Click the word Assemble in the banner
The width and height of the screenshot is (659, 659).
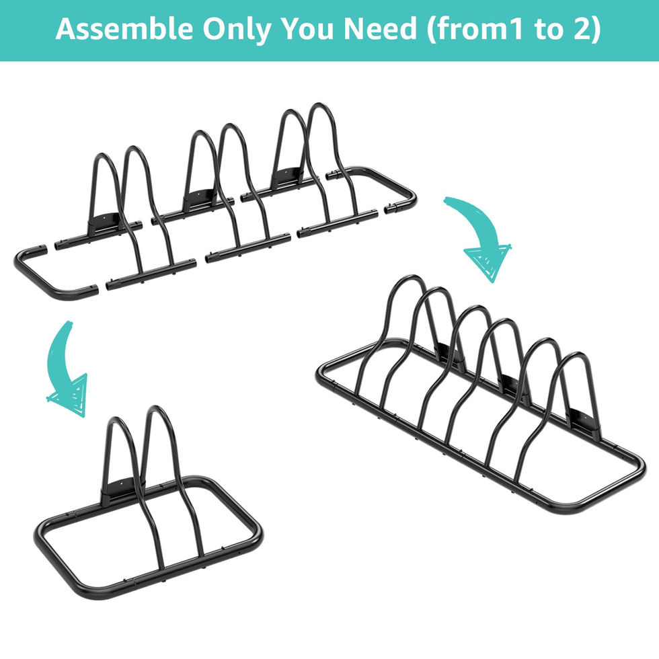point(124,29)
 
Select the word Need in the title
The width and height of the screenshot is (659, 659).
point(380,29)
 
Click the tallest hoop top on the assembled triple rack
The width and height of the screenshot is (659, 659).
point(409,278)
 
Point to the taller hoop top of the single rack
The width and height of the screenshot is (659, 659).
point(155,410)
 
